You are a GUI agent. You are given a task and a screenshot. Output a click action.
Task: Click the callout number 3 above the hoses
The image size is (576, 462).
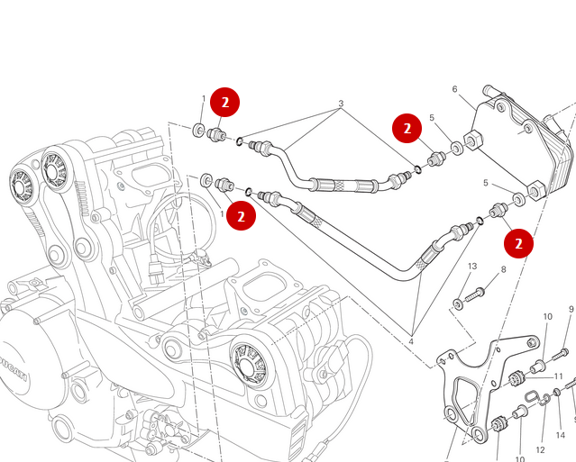341,104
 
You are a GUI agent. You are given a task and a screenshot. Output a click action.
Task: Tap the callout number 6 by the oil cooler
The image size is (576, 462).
455,89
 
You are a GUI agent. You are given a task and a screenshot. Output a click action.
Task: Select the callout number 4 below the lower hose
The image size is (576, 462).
410,341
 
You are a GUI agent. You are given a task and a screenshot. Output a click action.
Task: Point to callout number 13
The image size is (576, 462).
471,267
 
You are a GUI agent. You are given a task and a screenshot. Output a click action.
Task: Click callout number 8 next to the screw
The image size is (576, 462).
503,269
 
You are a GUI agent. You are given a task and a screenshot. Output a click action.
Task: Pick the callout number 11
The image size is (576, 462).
559,376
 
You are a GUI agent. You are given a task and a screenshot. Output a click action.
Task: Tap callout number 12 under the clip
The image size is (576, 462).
540,449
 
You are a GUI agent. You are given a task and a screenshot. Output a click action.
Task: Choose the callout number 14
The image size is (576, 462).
561,436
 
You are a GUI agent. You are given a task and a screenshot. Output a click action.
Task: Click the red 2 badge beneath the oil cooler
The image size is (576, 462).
518,243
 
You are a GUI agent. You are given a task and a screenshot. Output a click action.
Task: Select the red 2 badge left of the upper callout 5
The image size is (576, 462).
407,129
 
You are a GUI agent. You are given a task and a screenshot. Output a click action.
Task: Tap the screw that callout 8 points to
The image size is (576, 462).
476,293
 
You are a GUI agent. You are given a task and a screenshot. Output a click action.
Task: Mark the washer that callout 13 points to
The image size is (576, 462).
458,304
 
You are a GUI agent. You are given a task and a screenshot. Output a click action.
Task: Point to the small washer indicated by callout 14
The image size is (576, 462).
557,391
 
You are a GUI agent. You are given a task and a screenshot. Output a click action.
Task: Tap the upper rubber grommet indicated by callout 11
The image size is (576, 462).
517,377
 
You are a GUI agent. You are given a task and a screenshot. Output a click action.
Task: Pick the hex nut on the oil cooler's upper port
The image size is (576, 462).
472,142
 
